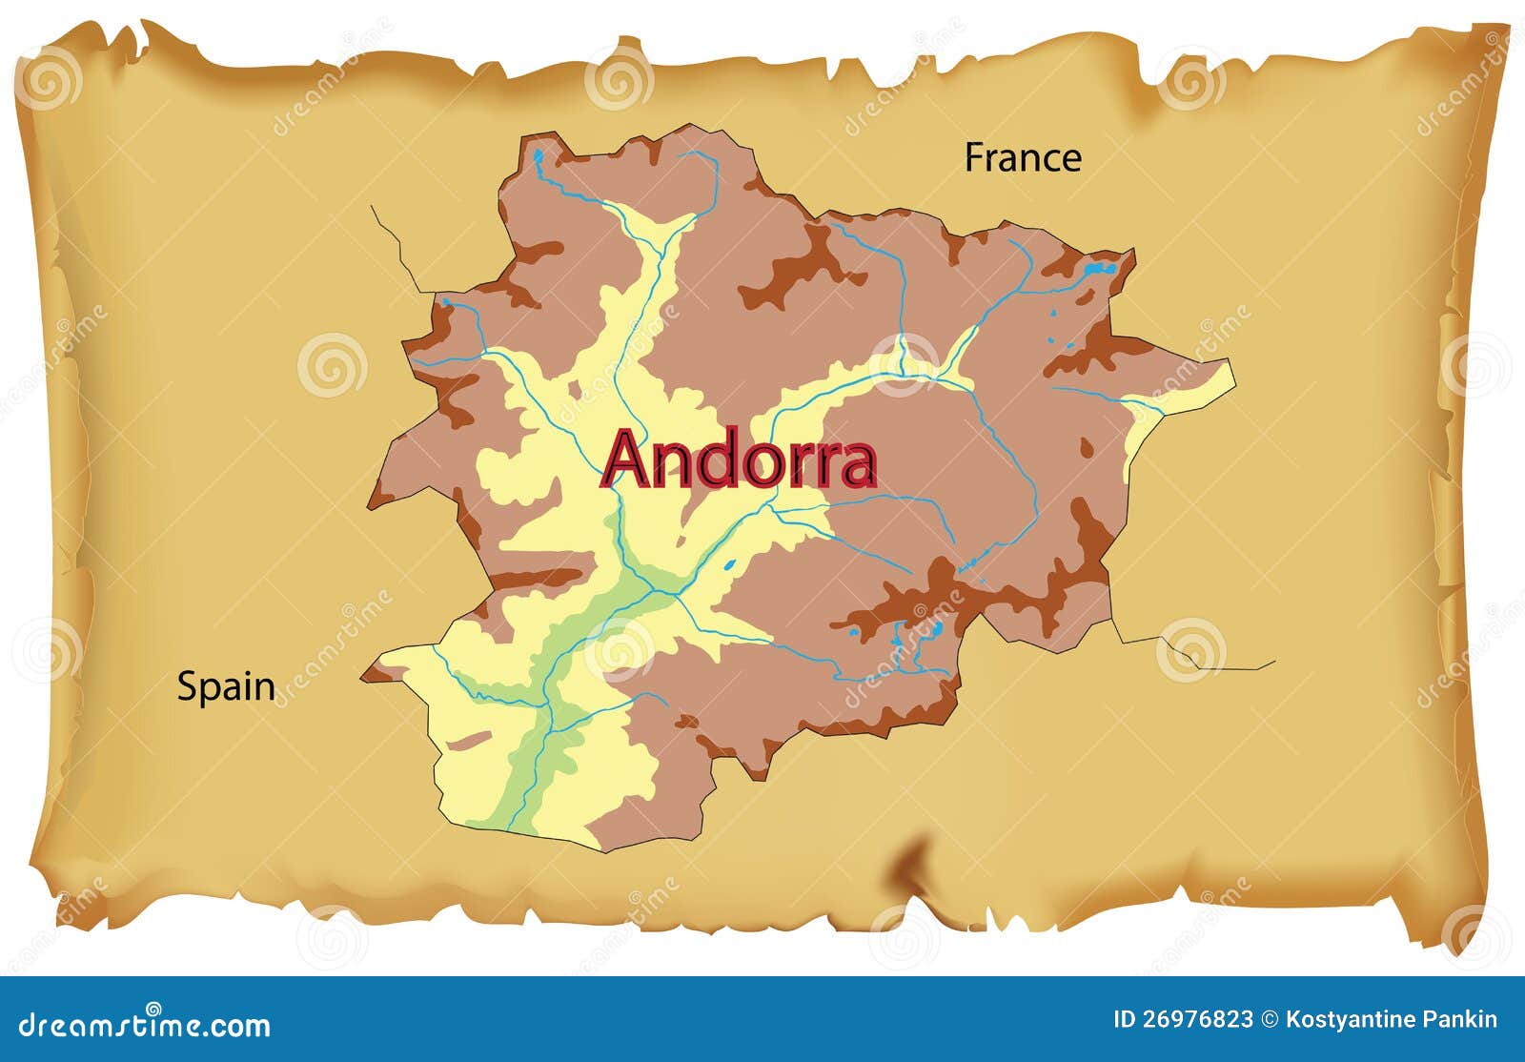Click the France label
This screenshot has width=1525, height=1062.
click(1023, 158)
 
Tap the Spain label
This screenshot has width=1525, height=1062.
click(226, 687)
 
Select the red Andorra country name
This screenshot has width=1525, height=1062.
click(739, 460)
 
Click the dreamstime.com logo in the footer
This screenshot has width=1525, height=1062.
click(145, 1024)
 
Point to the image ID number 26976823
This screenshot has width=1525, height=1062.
click(1196, 1020)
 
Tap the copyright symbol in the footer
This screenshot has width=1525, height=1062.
click(1270, 1020)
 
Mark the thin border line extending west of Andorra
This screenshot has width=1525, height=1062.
click(396, 244)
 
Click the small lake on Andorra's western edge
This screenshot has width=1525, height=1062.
click(444, 302)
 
